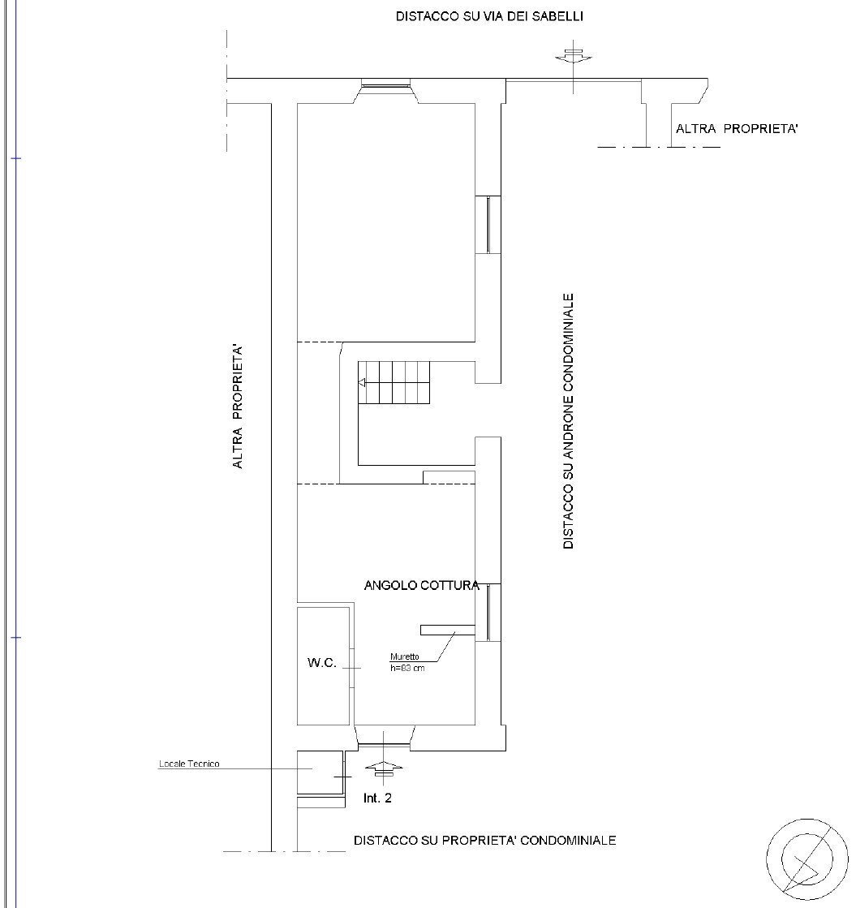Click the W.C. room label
(321, 662)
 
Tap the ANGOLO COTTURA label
(422, 585)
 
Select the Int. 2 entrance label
(377, 798)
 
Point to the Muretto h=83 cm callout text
(407, 662)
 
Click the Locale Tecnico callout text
(189, 764)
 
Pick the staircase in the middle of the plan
(394, 382)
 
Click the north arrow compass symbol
(807, 859)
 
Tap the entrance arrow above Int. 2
(384, 769)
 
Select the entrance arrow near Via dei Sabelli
(574, 57)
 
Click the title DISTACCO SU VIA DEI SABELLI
(489, 16)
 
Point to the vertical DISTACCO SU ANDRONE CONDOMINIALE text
(568, 421)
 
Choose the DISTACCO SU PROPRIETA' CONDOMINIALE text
(484, 841)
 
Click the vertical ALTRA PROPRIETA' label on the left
(237, 407)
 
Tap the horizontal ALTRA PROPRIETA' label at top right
(737, 128)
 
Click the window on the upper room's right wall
(488, 225)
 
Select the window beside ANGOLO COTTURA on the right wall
(488, 613)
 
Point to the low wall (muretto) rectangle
(448, 630)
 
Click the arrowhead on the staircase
(362, 383)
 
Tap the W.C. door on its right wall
(352, 668)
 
